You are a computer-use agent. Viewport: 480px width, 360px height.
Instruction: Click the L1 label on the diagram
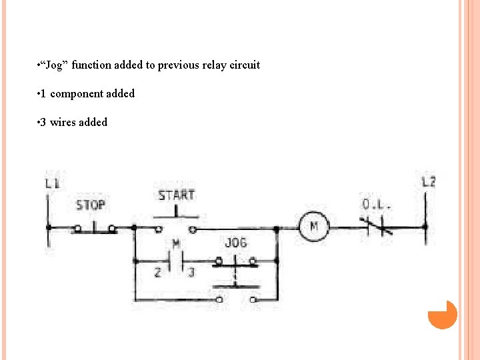[52, 182]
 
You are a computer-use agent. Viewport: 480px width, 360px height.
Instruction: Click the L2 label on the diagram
[429, 181]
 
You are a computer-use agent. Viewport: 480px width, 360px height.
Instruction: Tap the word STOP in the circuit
[91, 205]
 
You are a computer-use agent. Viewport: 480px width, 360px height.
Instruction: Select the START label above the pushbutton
[176, 195]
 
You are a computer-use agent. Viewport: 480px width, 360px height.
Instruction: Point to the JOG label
[235, 243]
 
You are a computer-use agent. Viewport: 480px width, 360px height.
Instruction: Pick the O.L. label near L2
[376, 204]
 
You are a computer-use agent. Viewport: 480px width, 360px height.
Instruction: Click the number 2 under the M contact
[158, 273]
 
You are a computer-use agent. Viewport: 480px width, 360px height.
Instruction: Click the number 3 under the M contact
[191, 273]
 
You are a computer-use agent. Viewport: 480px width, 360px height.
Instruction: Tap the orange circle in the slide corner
[442, 314]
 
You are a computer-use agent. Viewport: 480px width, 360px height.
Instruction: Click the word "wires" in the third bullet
[63, 123]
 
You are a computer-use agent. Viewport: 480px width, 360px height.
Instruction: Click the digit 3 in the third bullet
[43, 123]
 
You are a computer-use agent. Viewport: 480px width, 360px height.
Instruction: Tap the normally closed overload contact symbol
[375, 227]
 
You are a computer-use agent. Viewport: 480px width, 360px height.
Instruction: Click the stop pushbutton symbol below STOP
[94, 227]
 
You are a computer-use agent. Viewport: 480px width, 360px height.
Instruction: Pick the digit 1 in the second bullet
[43, 94]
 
